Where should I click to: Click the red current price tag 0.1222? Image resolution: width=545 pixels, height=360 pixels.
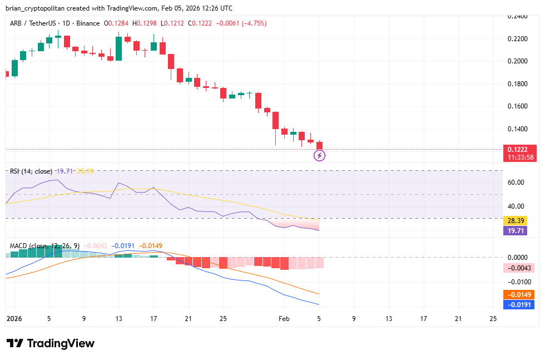click(521, 149)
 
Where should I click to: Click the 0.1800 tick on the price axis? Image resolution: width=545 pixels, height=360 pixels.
click(517, 84)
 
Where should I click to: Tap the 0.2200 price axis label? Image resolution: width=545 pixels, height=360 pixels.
click(517, 39)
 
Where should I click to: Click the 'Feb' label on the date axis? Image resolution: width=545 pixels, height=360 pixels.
click(284, 319)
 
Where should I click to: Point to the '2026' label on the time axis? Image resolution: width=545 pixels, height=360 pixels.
click(14, 319)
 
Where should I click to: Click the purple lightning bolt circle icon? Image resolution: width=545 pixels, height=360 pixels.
click(320, 156)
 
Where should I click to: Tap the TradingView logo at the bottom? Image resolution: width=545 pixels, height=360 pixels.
click(51, 343)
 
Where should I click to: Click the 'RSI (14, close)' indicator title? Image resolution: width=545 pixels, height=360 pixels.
click(31, 171)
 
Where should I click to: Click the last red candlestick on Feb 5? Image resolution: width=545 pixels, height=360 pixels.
click(319, 145)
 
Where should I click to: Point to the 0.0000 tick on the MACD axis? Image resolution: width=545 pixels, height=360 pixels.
click(517, 258)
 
